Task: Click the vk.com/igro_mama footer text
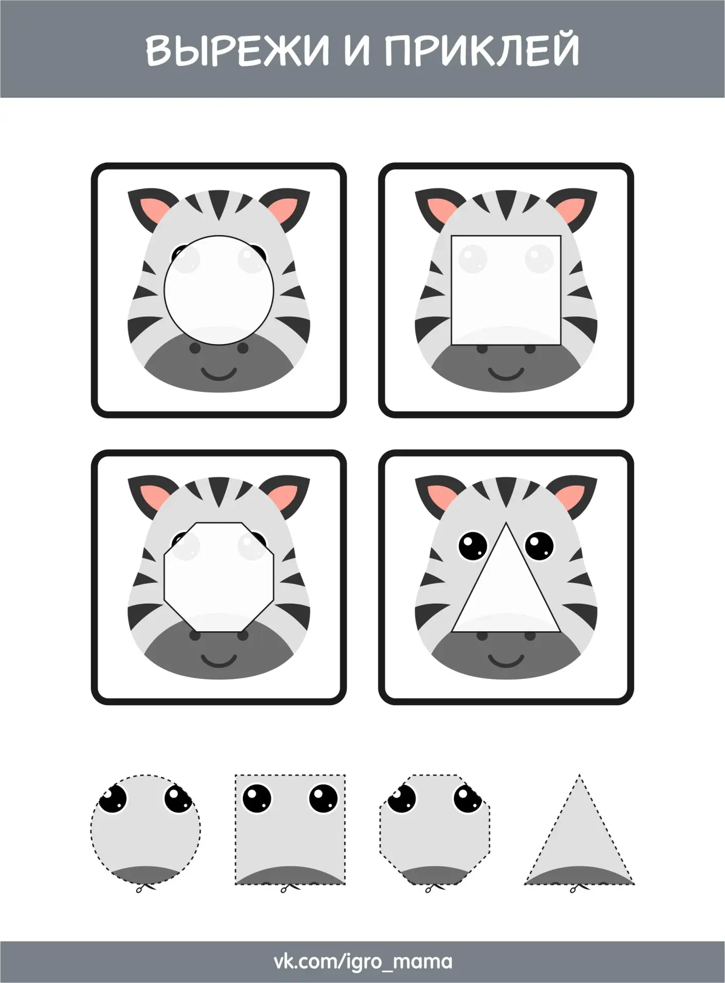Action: (363, 961)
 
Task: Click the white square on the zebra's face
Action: (506, 290)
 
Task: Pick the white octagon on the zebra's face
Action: (219, 576)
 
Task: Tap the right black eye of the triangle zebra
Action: (540, 547)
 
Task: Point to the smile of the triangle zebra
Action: (506, 660)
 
